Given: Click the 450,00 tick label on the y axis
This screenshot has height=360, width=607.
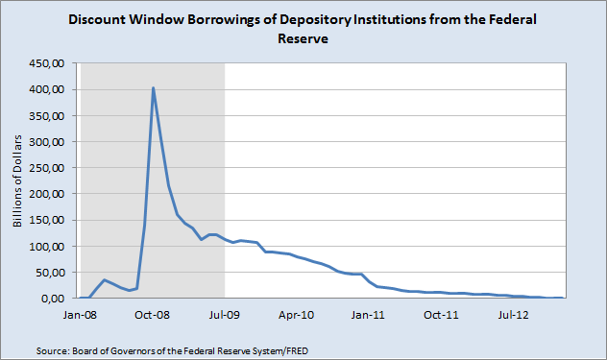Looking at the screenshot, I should point(46,63).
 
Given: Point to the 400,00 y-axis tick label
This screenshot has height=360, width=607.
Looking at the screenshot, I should point(46,89).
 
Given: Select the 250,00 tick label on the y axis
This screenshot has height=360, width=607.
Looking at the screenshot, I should point(46,168).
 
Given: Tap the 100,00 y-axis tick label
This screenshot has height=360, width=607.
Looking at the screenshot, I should point(46,247).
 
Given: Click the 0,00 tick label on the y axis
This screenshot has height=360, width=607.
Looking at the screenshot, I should point(51,299).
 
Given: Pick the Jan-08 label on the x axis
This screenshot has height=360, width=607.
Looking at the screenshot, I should point(81,314).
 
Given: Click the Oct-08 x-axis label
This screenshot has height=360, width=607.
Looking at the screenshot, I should point(153,314).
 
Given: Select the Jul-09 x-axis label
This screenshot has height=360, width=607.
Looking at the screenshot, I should point(225,314).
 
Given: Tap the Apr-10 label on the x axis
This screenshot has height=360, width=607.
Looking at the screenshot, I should point(297,314).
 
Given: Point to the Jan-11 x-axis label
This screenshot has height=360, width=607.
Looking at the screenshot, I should point(369,314).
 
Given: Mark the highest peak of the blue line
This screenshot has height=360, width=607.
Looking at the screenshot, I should point(154,88).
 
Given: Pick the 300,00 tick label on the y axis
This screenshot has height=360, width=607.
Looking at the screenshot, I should point(46,142).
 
